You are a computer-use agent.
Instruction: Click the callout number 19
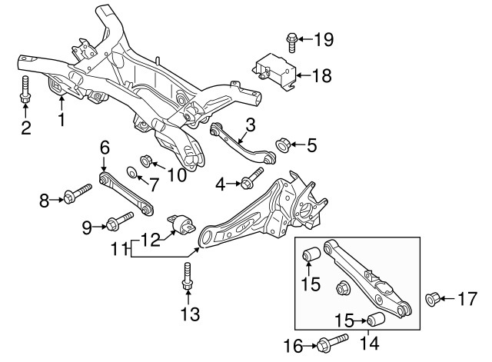click(324, 39)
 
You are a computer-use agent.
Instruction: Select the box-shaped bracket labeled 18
click(274, 71)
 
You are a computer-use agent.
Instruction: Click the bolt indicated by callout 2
click(25, 89)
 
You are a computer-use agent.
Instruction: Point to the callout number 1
click(61, 120)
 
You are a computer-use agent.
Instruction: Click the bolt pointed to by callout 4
click(252, 178)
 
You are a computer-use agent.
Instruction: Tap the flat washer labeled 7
click(131, 172)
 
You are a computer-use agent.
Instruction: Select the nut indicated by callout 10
click(146, 161)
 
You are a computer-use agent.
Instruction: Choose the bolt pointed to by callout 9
click(120, 221)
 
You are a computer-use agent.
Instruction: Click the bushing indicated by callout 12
click(181, 224)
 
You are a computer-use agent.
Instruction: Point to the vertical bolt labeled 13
click(187, 277)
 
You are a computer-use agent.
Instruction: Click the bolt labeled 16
click(332, 343)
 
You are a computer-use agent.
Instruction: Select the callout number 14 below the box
click(369, 344)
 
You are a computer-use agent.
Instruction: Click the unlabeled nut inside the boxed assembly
click(342, 287)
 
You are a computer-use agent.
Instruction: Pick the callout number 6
click(105, 148)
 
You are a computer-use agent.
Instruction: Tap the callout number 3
click(251, 125)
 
